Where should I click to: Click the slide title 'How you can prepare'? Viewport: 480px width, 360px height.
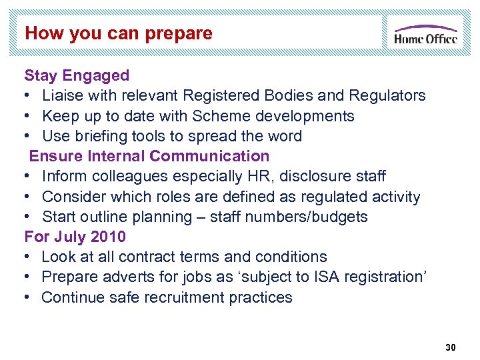point(119,33)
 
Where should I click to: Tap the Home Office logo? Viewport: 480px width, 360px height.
point(425,34)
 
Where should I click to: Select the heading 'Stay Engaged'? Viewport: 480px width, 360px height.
point(77,75)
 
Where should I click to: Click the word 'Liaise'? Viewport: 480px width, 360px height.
point(63,95)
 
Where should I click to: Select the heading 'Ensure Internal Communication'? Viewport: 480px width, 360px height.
point(149,156)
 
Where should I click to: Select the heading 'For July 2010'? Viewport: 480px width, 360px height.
point(75,237)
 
